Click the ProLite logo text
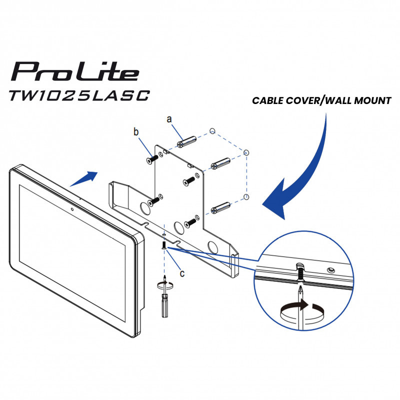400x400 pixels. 75,71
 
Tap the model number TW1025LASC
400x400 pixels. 79,95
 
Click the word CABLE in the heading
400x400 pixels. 268,100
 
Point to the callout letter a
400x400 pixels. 169,119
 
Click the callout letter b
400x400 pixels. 136,132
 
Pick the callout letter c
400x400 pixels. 182,273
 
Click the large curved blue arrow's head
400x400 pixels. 275,199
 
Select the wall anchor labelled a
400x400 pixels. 186,141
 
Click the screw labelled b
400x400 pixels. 152,158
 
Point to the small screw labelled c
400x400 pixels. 163,245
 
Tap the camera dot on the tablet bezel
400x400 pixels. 72,209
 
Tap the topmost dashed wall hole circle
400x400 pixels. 212,131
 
